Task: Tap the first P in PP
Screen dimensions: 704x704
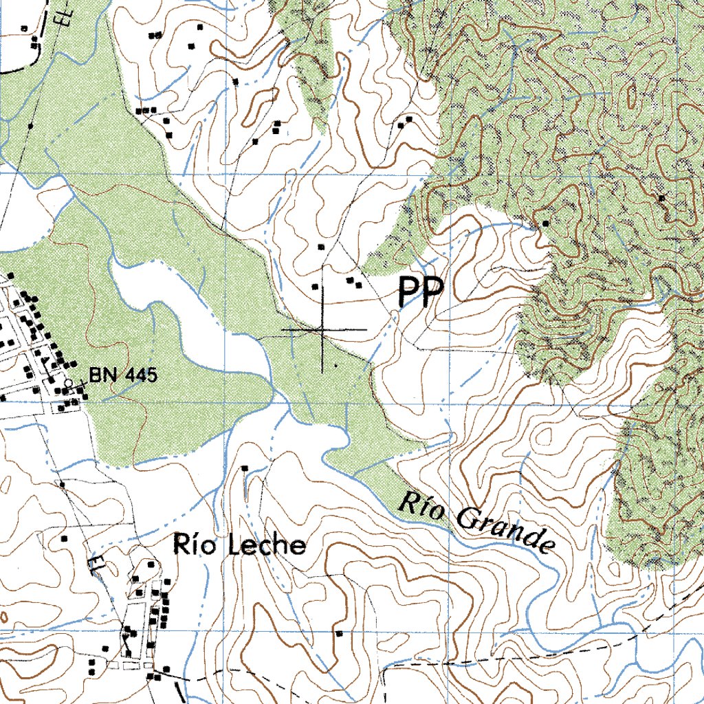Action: click(410, 293)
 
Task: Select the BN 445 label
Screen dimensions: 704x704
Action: click(123, 375)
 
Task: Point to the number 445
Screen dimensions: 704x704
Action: click(139, 375)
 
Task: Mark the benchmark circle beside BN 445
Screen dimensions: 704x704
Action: click(68, 382)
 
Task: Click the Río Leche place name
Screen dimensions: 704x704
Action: click(239, 544)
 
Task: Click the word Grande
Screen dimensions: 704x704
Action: click(506, 530)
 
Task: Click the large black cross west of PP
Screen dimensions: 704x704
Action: click(322, 331)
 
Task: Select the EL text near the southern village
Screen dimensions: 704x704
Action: click(93, 565)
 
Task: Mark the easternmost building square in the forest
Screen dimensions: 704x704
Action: click(661, 198)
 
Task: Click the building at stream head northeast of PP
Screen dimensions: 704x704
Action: click(545, 223)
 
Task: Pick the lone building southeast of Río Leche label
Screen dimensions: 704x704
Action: click(338, 632)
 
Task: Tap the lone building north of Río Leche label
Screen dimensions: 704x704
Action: click(245, 468)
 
